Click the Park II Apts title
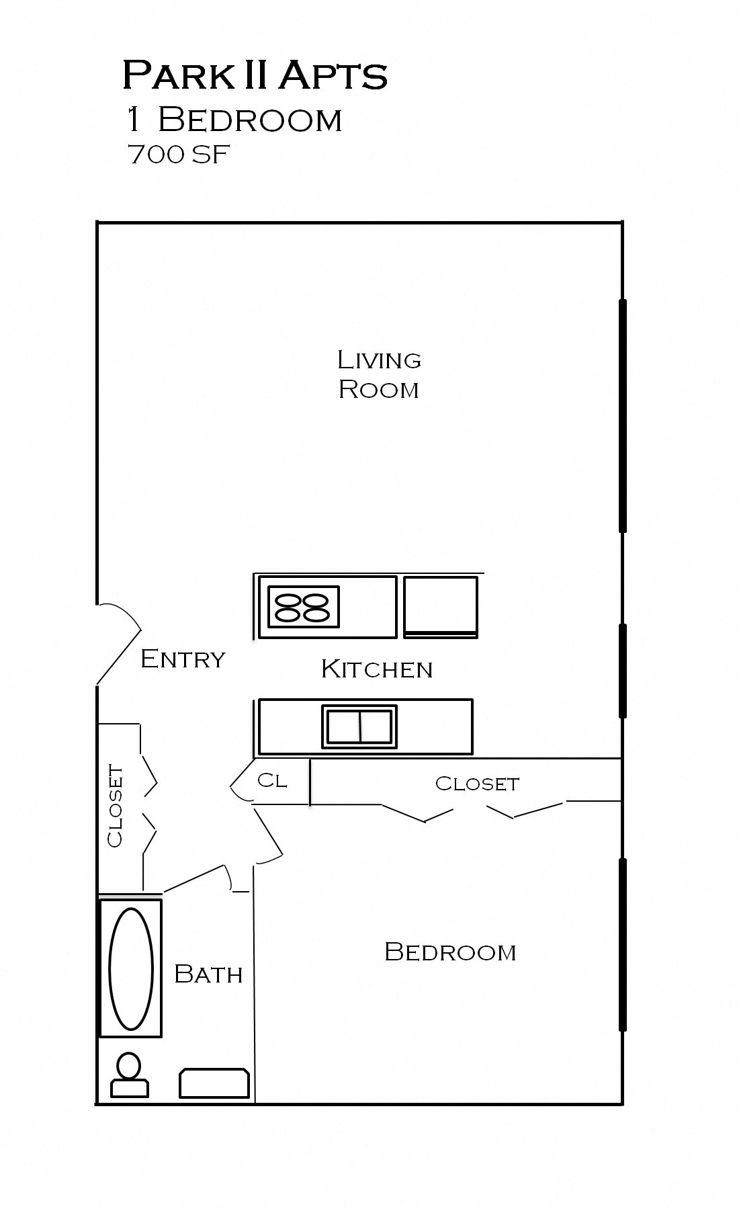click(x=255, y=75)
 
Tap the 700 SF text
click(x=179, y=155)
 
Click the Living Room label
click(x=379, y=374)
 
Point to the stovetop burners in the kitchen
click(x=304, y=606)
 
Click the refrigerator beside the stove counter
click(x=441, y=606)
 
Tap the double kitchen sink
click(x=359, y=726)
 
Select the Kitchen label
click(x=376, y=669)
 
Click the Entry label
click(x=183, y=659)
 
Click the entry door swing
click(x=119, y=642)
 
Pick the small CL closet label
click(x=272, y=780)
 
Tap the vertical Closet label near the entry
click(x=116, y=806)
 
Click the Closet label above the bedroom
click(x=477, y=784)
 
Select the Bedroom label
click(x=450, y=952)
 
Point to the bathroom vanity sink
click(x=214, y=1083)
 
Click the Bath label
click(x=208, y=974)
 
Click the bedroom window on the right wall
click(x=622, y=944)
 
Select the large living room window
click(x=622, y=416)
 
